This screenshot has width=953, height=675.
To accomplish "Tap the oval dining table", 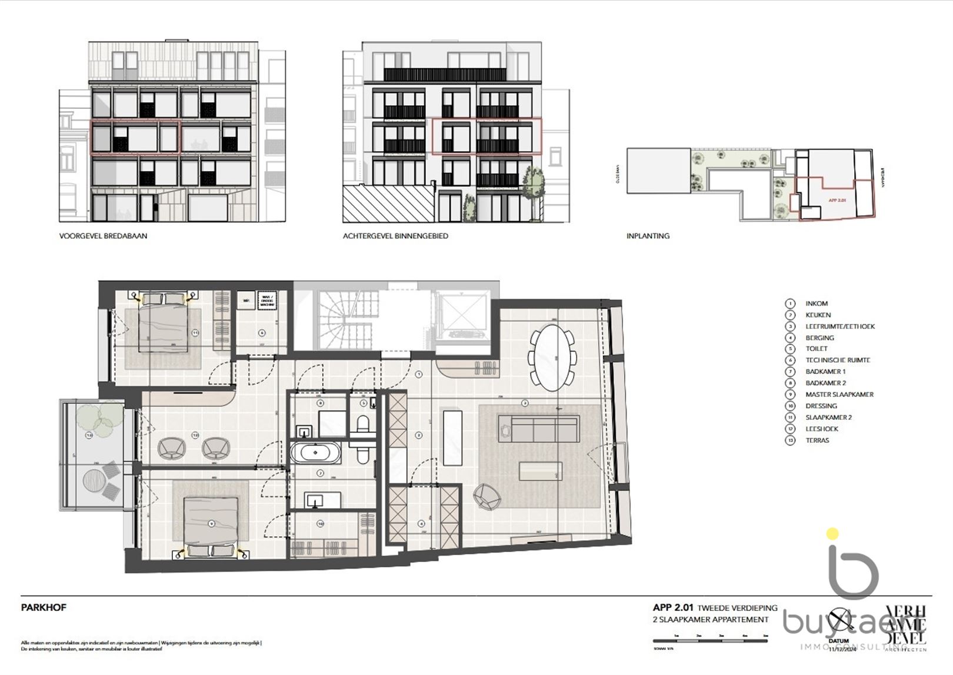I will coord(552,357).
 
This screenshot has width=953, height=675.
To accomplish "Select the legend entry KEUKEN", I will coord(818,315).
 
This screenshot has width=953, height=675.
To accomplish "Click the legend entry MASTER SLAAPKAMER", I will coord(839,395).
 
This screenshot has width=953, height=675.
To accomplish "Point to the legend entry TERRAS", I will coord(817,440).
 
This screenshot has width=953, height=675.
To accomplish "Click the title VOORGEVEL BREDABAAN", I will coord(103,236).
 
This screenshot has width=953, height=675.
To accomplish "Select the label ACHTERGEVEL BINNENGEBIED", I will coord(395,236).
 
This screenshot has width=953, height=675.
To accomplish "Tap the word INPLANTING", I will coord(648,236).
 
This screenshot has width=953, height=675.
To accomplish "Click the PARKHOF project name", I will coord(44,607).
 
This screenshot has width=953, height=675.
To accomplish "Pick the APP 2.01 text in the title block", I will coord(673,607).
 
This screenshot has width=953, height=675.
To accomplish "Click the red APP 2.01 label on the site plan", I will coord(837,201).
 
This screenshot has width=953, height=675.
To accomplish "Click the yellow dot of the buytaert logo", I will coord(832,534).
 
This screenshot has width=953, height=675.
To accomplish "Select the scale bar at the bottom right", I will coord(711,640).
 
